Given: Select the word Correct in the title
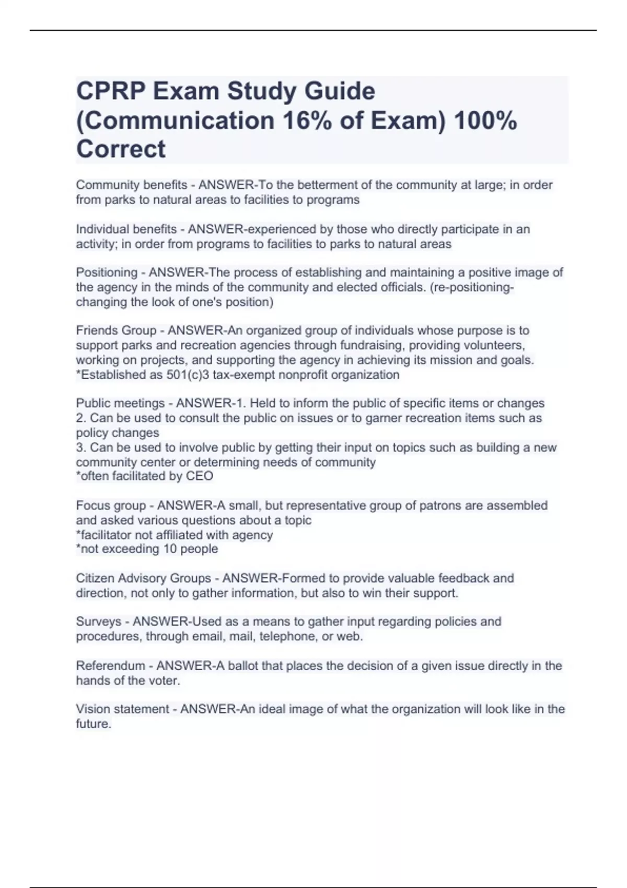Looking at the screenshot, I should pyautogui.click(x=121, y=149).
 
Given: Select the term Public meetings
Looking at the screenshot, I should pyautogui.click(x=120, y=403).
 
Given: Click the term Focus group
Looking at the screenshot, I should pyautogui.click(x=111, y=506).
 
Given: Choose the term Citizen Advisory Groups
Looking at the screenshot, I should pyautogui.click(x=143, y=578).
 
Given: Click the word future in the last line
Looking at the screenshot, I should pyautogui.click(x=92, y=724).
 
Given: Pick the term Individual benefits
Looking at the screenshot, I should pyautogui.click(x=126, y=229).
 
